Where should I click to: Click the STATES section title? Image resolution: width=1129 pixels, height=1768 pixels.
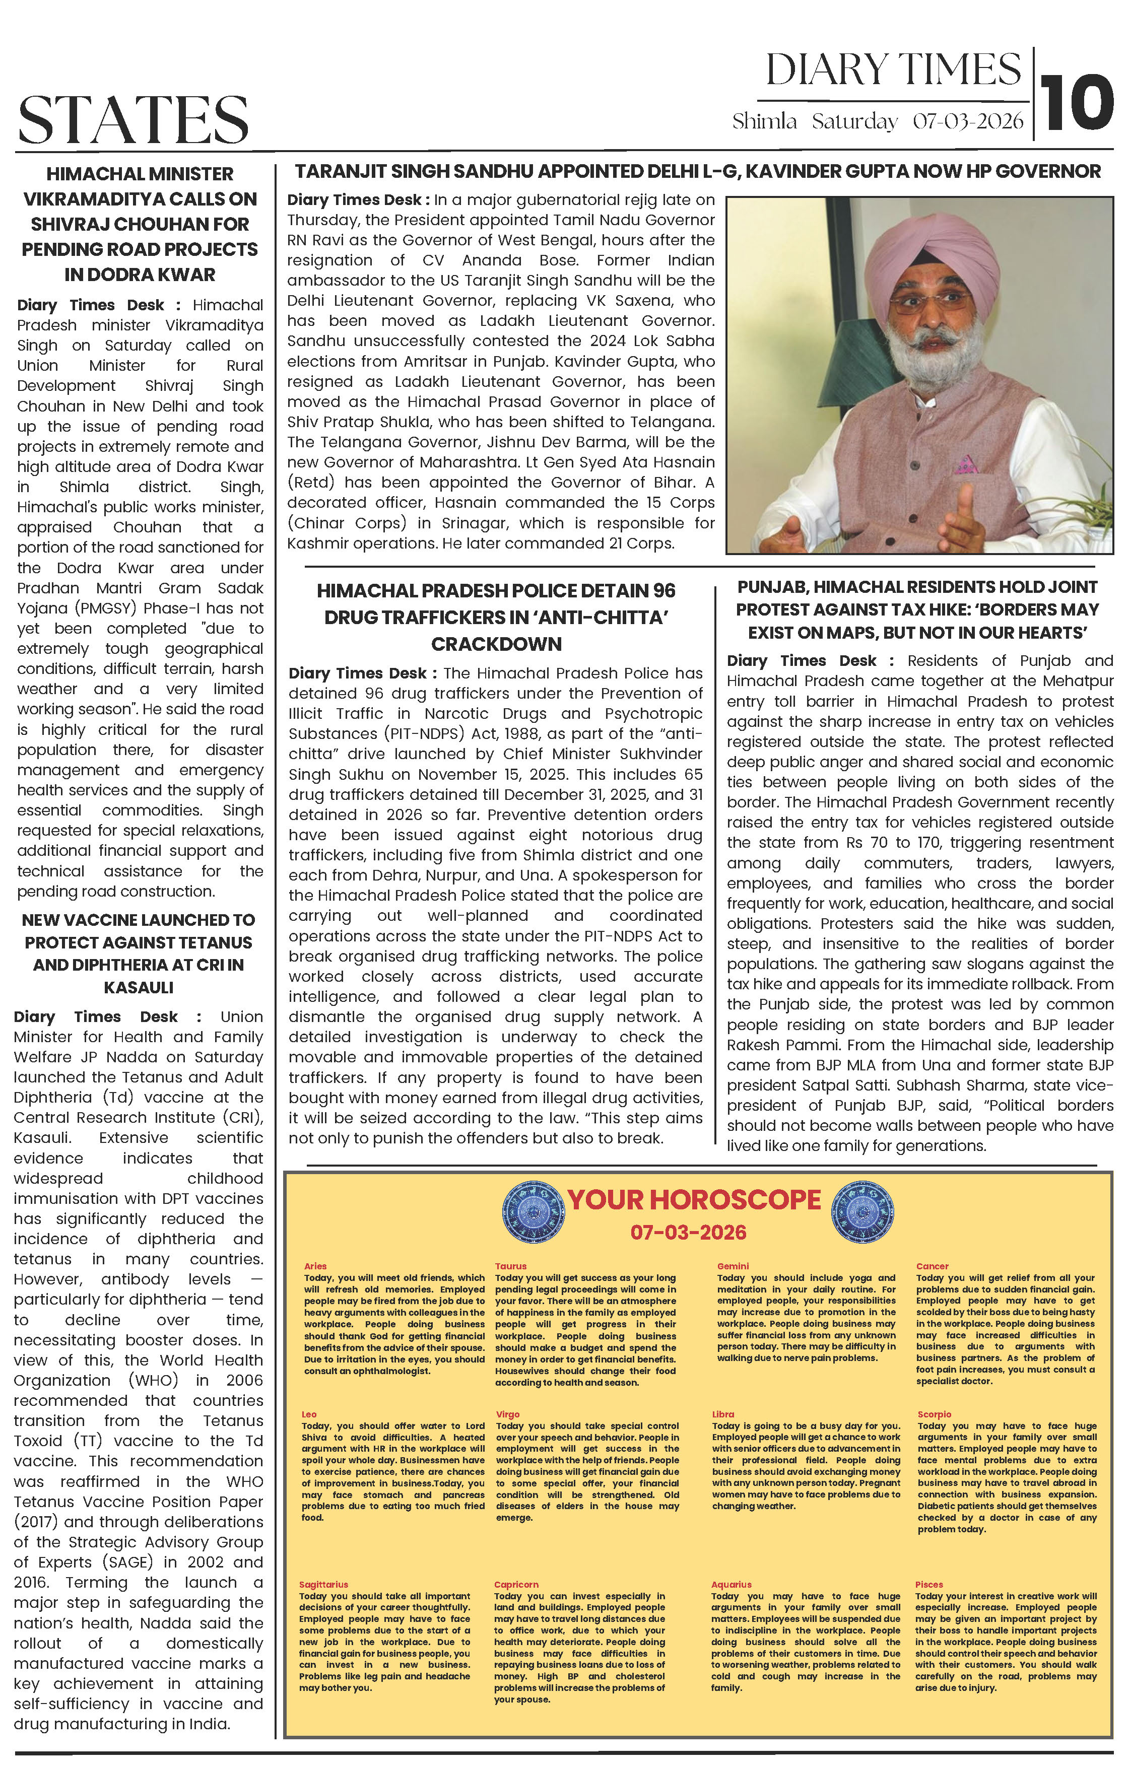tap(134, 119)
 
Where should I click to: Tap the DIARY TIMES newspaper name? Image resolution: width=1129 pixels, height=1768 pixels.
tap(893, 71)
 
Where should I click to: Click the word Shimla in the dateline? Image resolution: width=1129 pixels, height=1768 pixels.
tap(764, 121)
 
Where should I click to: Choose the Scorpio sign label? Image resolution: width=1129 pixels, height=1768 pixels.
tap(935, 1414)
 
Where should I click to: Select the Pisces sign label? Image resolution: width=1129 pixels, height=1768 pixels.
tap(928, 1585)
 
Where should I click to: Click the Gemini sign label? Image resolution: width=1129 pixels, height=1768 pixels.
tap(733, 1266)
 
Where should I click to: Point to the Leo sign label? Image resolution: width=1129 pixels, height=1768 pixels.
tap(309, 1414)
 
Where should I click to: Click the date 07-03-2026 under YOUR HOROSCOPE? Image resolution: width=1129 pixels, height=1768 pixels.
tap(688, 1233)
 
